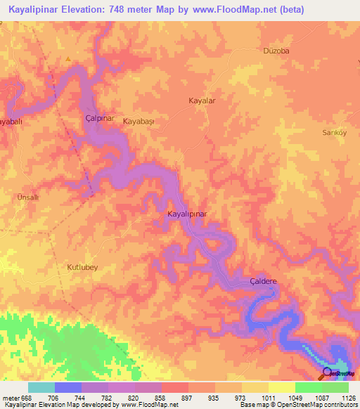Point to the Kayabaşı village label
tap(139, 122)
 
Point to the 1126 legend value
tap(348, 397)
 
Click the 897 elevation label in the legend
tap(188, 397)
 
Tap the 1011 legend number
tap(268, 397)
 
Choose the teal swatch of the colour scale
tap(41, 387)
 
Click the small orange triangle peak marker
tap(67, 59)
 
